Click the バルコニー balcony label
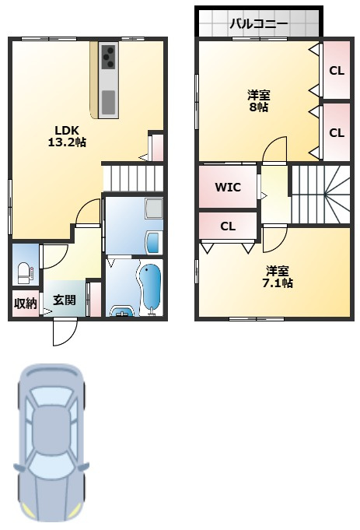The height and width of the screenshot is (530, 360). (259, 24)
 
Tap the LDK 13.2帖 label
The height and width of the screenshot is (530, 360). (67, 136)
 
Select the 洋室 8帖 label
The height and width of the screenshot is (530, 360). (259, 101)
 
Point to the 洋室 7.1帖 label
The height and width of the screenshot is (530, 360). (278, 276)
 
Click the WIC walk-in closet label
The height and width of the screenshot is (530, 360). (228, 187)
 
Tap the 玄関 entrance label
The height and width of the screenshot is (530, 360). (65, 300)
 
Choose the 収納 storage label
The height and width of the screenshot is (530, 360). (26, 304)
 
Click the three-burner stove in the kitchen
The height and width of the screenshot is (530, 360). (109, 57)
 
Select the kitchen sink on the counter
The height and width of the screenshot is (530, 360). (109, 102)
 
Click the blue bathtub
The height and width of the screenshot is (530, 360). (150, 286)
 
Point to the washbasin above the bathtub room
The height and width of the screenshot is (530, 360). (153, 242)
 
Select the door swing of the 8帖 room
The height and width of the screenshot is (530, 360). (274, 149)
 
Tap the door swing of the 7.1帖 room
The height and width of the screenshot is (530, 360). (275, 239)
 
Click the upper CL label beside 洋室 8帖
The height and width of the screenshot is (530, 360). (337, 71)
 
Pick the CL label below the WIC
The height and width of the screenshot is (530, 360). (228, 226)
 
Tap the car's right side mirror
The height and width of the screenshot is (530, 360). (83, 466)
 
